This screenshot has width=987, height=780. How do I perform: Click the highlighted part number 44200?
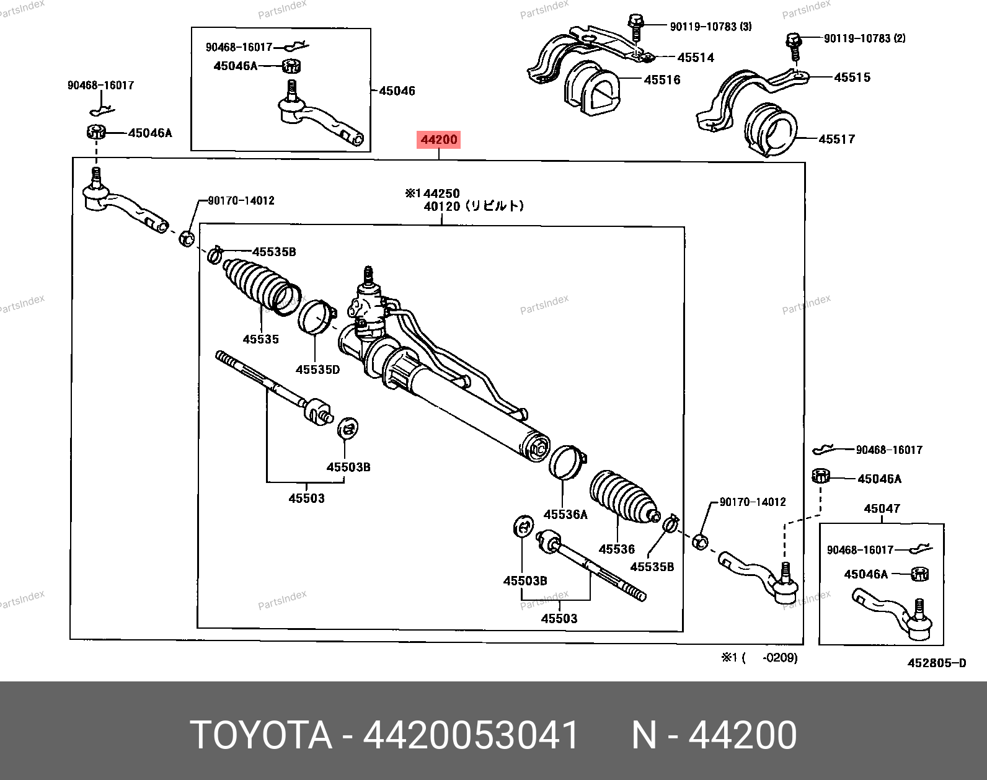click(x=439, y=140)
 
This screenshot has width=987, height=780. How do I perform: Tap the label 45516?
click(x=662, y=80)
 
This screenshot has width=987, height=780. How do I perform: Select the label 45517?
click(x=836, y=140)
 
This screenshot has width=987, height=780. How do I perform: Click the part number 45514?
click(x=696, y=58)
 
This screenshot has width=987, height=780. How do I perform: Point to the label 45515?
click(x=852, y=78)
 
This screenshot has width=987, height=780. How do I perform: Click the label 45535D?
click(x=317, y=370)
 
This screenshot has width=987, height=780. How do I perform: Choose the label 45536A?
click(x=565, y=514)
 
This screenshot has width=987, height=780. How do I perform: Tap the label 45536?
click(x=616, y=549)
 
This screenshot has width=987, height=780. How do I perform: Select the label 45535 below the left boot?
click(x=260, y=339)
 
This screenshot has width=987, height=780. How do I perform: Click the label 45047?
click(x=882, y=508)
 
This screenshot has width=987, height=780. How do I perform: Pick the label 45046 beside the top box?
click(x=397, y=91)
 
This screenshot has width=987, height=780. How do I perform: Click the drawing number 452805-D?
click(x=936, y=663)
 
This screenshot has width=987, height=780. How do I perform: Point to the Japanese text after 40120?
click(x=494, y=206)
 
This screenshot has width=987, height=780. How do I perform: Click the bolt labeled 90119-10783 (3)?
click(x=635, y=25)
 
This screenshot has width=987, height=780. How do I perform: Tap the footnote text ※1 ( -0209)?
click(x=759, y=657)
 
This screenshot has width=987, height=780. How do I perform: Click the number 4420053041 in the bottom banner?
click(x=471, y=735)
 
